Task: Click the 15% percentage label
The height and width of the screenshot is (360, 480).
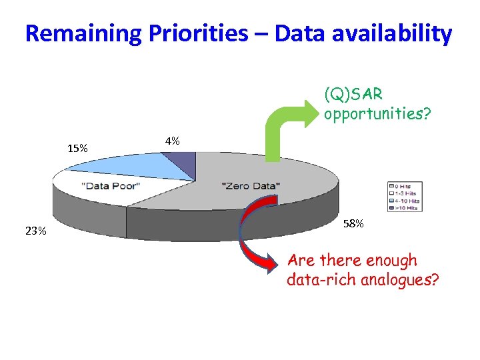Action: pyautogui.click(x=78, y=148)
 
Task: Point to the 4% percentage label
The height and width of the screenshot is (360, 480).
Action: pyautogui.click(x=173, y=141)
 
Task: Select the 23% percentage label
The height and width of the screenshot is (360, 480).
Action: pyautogui.click(x=35, y=231)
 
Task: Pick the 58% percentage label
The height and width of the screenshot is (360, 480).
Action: pyautogui.click(x=354, y=223)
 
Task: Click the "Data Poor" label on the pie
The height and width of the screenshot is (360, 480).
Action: pyautogui.click(x=111, y=185)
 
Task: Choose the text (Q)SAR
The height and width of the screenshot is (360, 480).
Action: pyautogui.click(x=353, y=93)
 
